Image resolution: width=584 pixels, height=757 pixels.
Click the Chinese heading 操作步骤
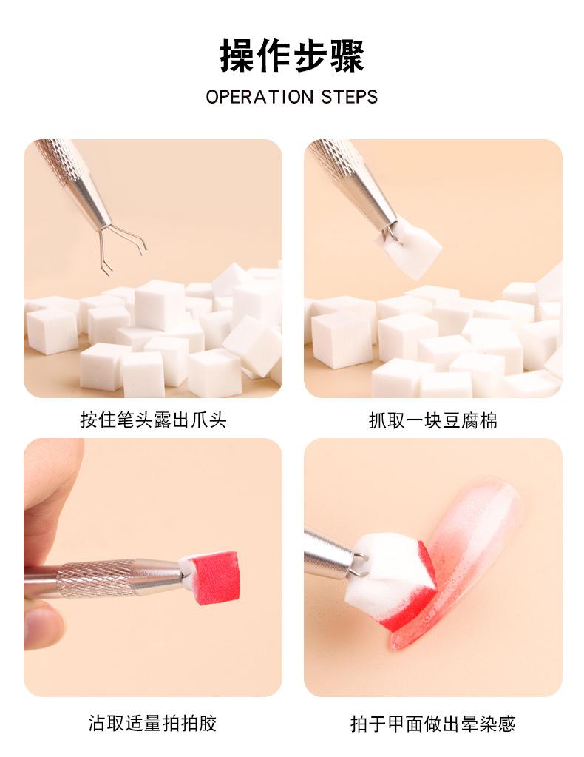292,55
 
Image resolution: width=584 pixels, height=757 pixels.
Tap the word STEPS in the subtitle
350,97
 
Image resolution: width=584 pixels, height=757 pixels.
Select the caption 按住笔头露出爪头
153,420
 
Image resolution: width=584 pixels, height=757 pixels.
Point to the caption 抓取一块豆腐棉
432,420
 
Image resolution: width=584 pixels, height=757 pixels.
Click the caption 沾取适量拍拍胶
152,723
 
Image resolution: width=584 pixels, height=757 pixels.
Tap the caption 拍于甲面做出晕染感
432,723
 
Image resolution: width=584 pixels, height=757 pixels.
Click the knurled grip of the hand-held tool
94,579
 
